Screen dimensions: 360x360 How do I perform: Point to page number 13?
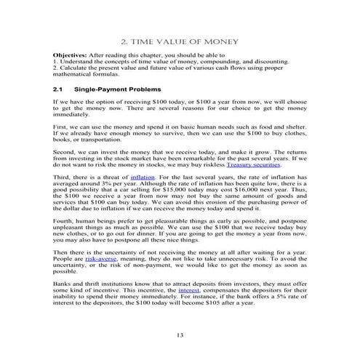[x=180, y=335]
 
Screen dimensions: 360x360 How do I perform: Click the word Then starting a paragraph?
[x=61, y=252]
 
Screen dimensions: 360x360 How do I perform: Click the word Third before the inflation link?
[x=62, y=177]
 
